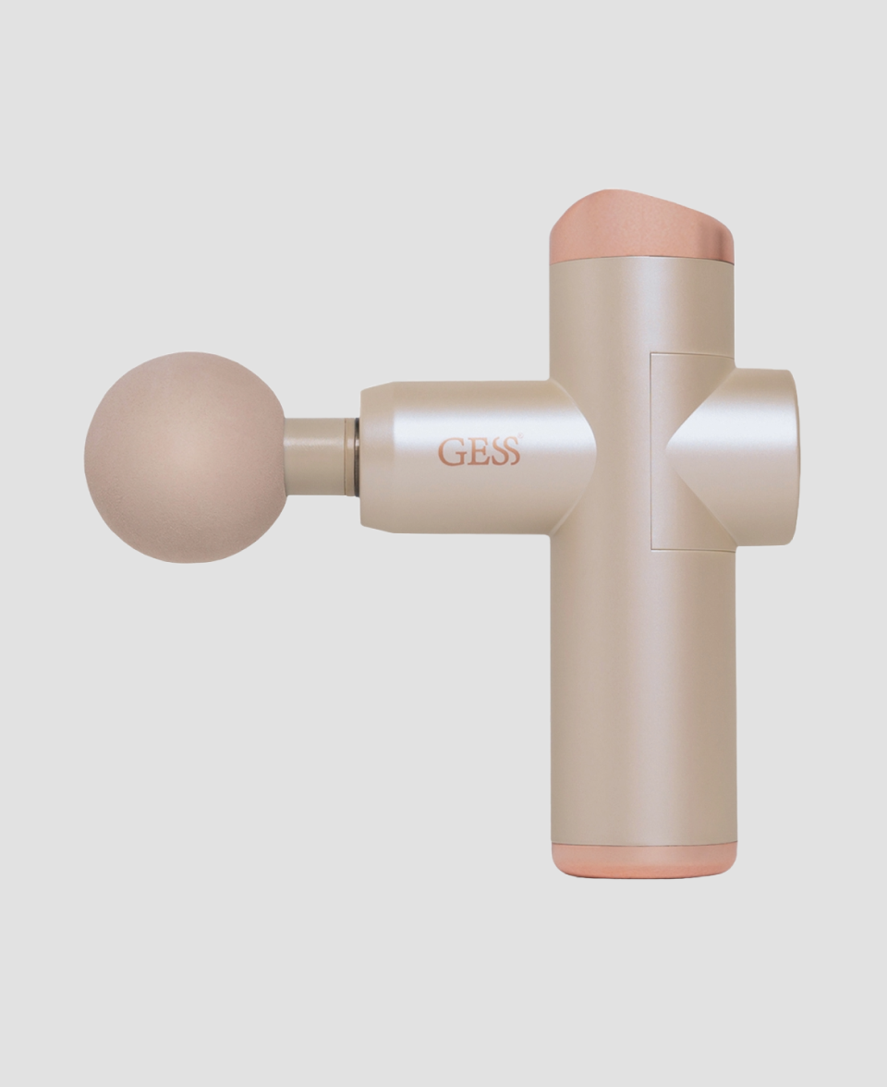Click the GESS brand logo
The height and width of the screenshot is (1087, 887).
[479, 453]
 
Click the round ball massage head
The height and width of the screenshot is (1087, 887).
[185, 458]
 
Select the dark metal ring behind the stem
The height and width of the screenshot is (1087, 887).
[353, 457]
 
